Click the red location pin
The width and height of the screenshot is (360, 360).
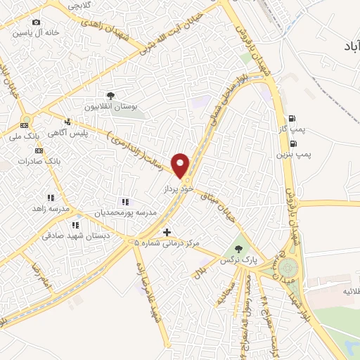[181, 164]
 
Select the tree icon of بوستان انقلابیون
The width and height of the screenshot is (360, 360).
[110, 95]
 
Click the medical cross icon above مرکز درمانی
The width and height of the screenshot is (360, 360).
[167, 231]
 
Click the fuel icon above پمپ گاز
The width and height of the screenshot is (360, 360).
[291, 117]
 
